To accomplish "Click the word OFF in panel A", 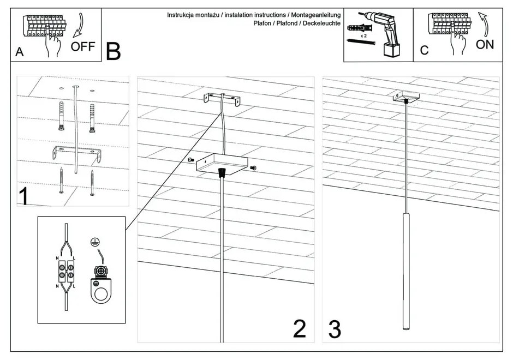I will click(83, 46).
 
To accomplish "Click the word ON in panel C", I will click(485, 45).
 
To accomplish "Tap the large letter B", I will click(114, 52).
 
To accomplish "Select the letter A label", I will click(20, 52).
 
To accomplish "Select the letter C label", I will click(424, 51).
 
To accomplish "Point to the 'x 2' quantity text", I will click(363, 34).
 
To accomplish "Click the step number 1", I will click(23, 196).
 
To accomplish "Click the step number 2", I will click(300, 329).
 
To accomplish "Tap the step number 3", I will click(335, 329).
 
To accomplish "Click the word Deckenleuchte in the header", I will click(321, 23).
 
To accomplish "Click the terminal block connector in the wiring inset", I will click(66, 271).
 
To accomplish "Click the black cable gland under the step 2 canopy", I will click(221, 173).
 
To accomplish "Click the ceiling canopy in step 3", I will click(407, 97).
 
